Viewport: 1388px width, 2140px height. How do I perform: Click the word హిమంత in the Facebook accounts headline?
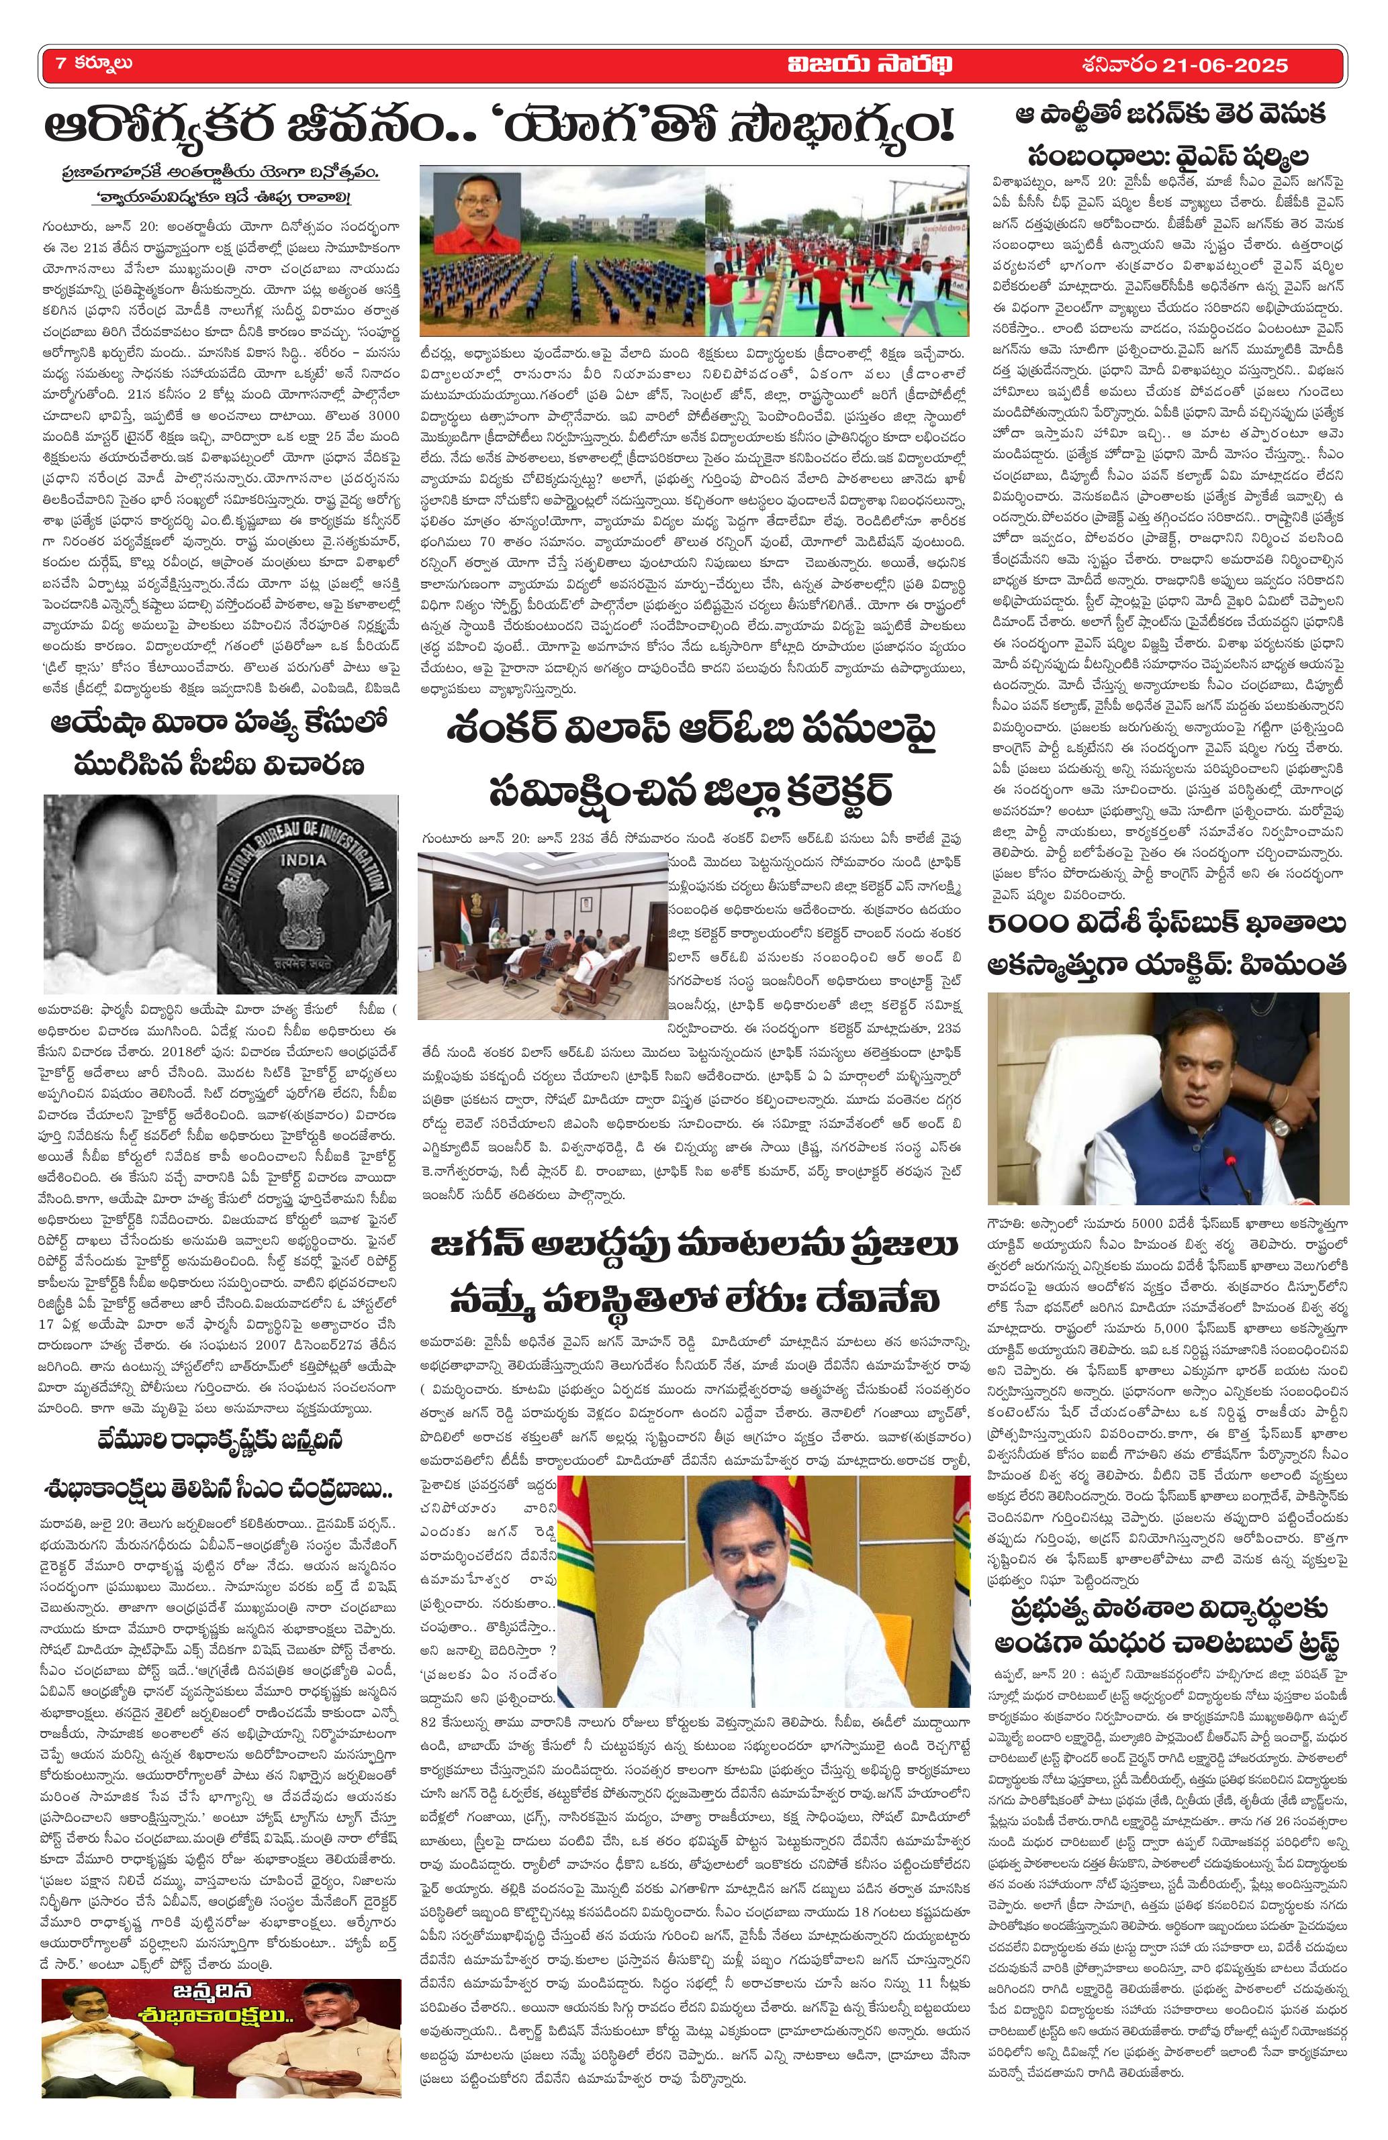coord(1292,964)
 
